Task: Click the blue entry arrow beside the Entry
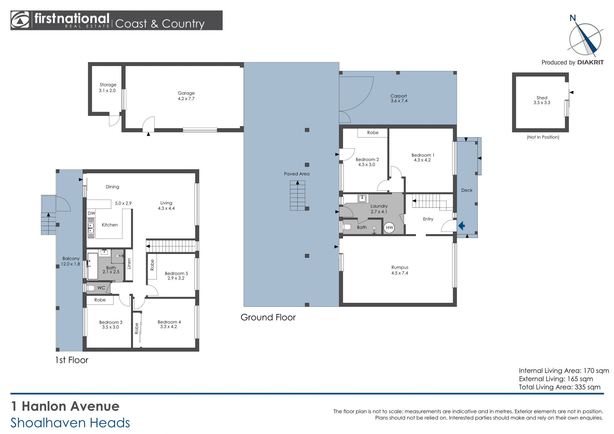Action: pos(461,226)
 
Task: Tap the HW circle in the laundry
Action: pos(389,228)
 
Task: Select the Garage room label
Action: pos(186,93)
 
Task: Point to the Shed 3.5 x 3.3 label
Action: pos(542,100)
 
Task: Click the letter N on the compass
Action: pos(573,18)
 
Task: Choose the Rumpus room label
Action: pos(400,267)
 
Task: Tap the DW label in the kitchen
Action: pos(91,213)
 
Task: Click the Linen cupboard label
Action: pos(129,264)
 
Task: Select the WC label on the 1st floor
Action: pos(101,288)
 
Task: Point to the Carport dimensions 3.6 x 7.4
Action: pos(399,101)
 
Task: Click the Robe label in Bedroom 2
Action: pos(373,132)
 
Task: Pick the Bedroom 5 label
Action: pos(176,273)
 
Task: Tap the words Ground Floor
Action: pos(268,317)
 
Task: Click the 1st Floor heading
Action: pos(72,360)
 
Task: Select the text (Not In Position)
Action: pos(543,137)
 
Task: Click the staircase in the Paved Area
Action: pos(297,195)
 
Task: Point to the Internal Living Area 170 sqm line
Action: pos(564,371)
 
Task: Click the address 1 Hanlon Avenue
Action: pos(65,406)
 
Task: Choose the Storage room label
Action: pos(108,85)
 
